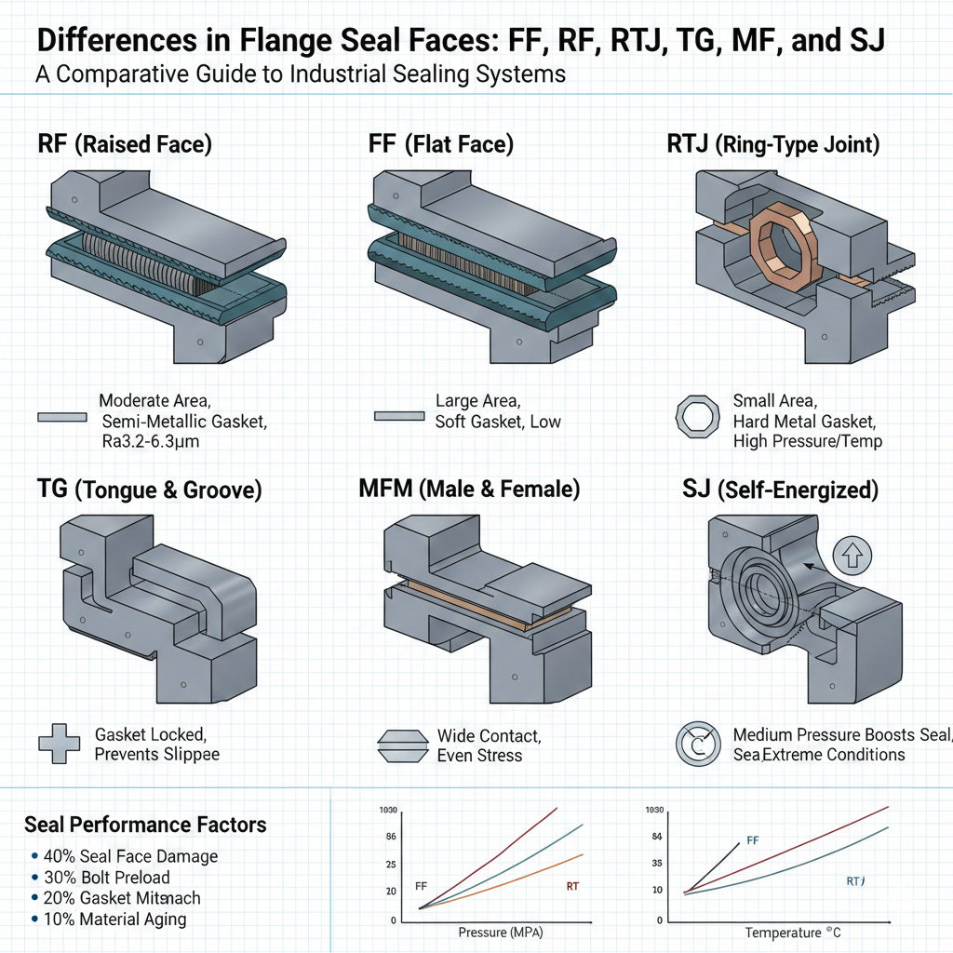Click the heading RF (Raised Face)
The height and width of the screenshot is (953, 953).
(124, 144)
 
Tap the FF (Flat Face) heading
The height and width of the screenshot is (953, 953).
(440, 144)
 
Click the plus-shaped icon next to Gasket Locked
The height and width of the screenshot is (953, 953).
(55, 743)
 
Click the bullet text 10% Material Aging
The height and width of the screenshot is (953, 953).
(114, 919)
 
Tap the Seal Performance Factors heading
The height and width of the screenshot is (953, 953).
(145, 825)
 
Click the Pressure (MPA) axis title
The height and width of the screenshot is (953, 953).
(501, 932)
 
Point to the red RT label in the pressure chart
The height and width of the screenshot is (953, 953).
(572, 886)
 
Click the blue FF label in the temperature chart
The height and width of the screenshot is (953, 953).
(753, 840)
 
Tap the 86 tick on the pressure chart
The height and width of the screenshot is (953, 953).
(391, 838)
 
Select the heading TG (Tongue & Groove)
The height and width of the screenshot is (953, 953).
(149, 489)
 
